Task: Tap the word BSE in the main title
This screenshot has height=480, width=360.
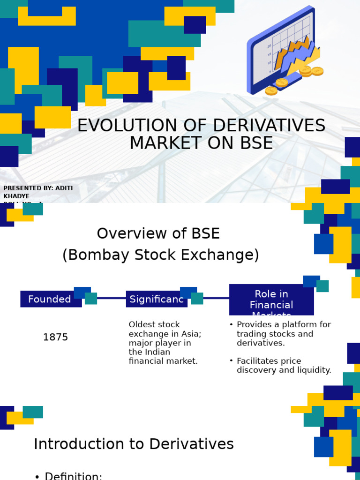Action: [255, 143]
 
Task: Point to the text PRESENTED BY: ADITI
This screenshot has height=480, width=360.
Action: [38, 188]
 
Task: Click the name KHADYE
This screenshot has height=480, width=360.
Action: [16, 196]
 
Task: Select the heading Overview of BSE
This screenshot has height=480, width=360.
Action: [158, 233]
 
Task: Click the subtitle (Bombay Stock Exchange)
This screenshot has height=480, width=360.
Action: [160, 255]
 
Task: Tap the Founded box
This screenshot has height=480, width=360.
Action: [50, 299]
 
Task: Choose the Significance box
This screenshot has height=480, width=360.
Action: [157, 299]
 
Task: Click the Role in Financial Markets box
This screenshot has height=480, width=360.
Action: [271, 300]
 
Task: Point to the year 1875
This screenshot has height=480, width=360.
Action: [55, 337]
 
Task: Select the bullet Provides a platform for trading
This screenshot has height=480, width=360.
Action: [283, 333]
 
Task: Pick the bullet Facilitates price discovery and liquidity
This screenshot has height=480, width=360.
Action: [284, 366]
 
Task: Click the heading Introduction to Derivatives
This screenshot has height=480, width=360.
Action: [134, 444]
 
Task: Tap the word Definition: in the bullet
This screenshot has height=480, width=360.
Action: [74, 476]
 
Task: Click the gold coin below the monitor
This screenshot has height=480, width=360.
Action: [271, 90]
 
